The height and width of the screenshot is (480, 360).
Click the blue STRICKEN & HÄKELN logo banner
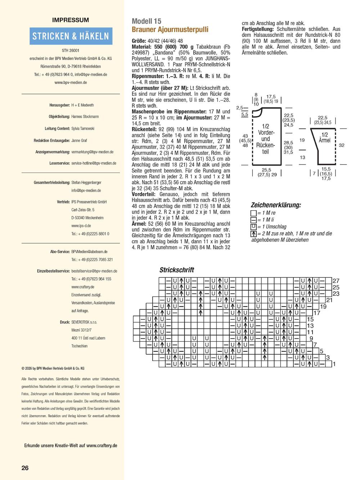71,36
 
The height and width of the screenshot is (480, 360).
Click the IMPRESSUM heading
71,20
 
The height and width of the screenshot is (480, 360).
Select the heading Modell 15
147,21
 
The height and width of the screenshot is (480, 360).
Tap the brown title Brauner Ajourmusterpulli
170,30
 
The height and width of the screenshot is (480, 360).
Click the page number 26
25,468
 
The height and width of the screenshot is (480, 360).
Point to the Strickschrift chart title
177,270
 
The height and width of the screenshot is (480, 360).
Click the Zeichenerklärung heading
276,205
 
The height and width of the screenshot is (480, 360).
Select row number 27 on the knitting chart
336,281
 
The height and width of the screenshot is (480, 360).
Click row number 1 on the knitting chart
334,364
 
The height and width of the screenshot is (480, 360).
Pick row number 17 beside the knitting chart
317,313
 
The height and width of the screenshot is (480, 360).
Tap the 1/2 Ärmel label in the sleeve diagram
324,138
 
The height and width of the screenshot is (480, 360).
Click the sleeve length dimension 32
341,145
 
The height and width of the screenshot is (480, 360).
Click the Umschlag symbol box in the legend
253,226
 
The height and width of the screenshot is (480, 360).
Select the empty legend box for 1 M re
253,213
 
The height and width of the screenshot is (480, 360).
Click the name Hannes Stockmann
85,117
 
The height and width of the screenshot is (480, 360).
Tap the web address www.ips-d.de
81,226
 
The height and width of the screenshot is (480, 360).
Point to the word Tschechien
80,346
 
